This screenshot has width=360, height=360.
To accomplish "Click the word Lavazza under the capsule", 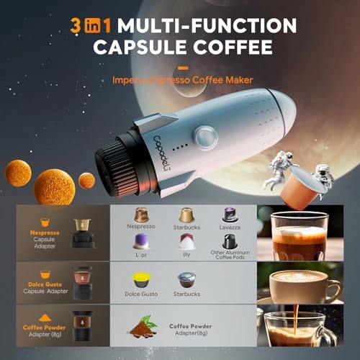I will (230, 226).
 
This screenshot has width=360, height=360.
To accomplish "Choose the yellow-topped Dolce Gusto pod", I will (141, 280).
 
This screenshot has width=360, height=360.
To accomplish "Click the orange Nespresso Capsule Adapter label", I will (45, 237).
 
